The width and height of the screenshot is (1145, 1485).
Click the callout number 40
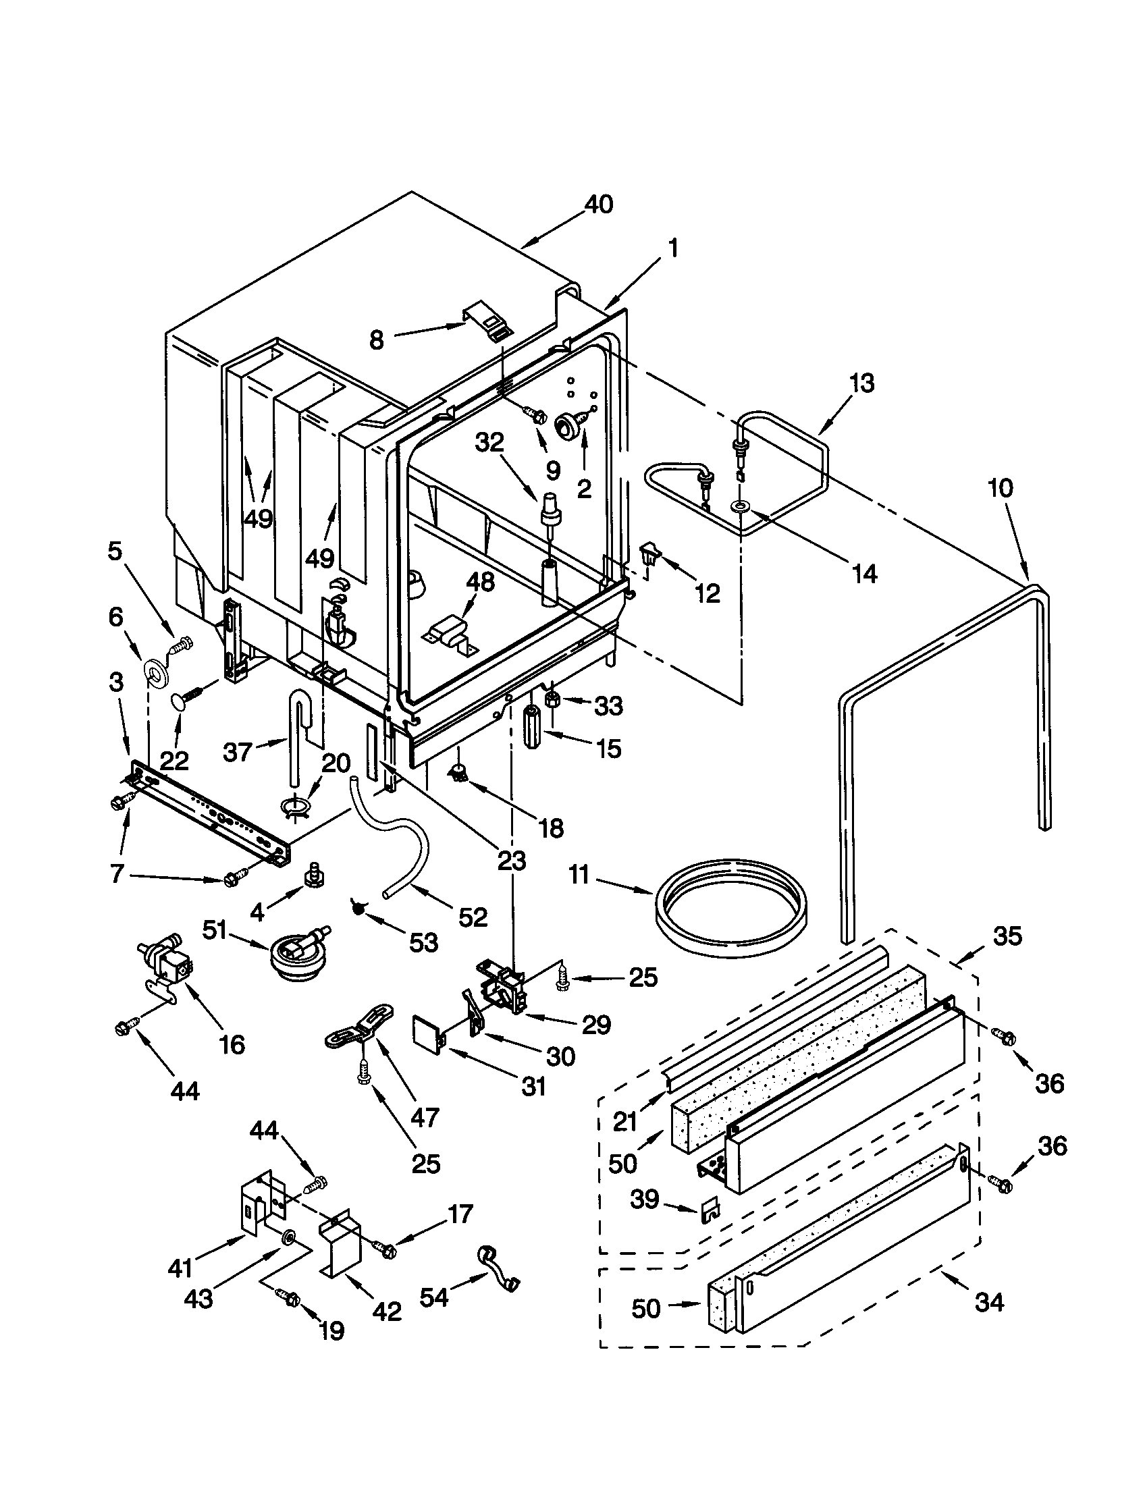tap(598, 204)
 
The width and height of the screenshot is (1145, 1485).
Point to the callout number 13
tap(861, 383)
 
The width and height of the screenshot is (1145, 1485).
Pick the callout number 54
tap(434, 1297)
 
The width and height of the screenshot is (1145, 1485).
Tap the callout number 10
tap(1001, 488)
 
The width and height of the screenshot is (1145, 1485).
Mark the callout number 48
tap(481, 582)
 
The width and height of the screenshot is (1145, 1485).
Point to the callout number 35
tap(1008, 936)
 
